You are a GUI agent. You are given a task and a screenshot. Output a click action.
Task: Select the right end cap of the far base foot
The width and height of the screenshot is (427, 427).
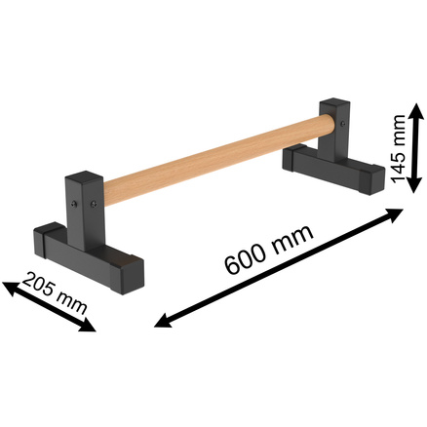pyautogui.click(x=369, y=181)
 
